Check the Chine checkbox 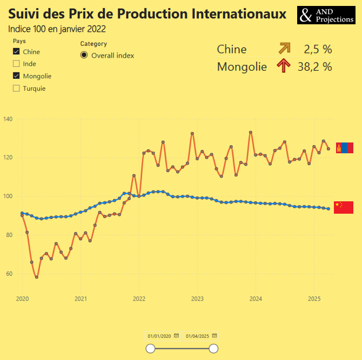(x=16, y=52)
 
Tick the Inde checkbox (x=16, y=64)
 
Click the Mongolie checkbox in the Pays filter (x=16, y=76)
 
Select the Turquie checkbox (x=16, y=88)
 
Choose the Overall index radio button (x=84, y=55)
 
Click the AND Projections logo (x=325, y=15)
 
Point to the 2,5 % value (x=318, y=50)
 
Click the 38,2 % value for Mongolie (x=314, y=67)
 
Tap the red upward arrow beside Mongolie (x=284, y=66)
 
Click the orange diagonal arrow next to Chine (x=284, y=49)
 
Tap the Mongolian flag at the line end (x=344, y=148)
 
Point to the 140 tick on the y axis (x=9, y=119)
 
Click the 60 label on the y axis (x=9, y=274)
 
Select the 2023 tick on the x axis (x=197, y=298)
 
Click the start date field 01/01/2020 (x=159, y=336)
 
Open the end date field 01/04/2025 (x=197, y=336)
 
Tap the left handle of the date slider (x=151, y=349)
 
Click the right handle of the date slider (x=213, y=349)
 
